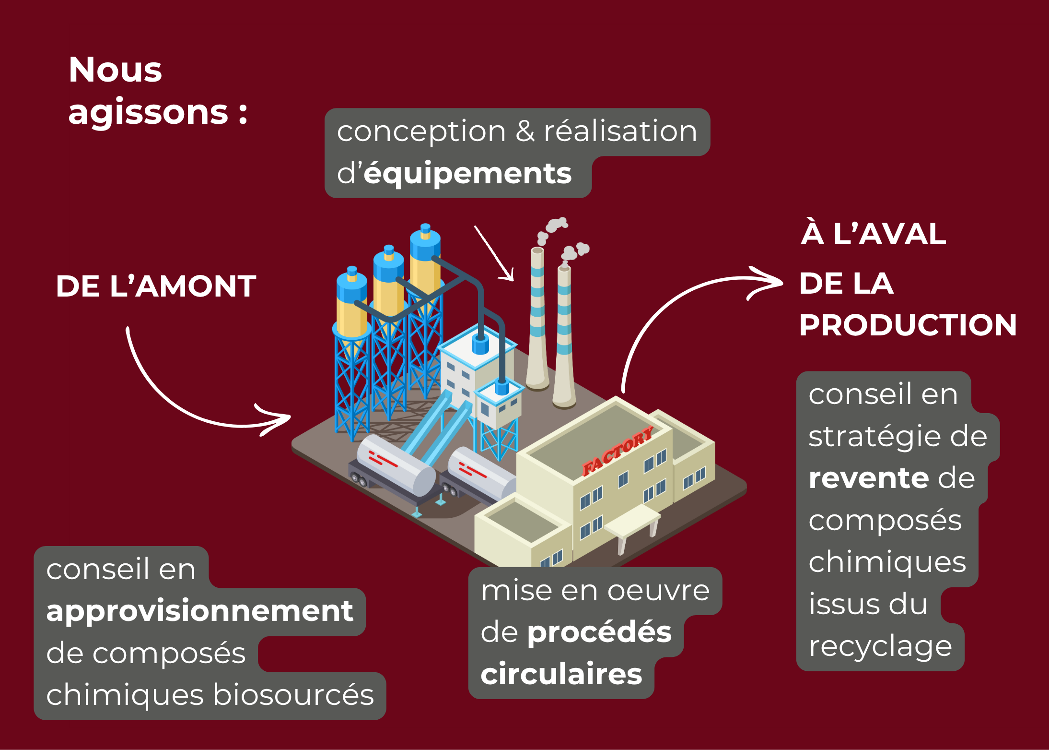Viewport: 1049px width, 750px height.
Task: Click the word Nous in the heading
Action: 115,70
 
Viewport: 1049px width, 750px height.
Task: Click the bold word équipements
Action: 467,174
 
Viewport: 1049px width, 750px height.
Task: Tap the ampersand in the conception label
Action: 525,131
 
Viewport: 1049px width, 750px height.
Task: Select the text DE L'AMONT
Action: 156,286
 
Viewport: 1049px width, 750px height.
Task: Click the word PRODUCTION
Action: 908,325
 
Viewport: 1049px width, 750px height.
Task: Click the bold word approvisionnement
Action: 199,611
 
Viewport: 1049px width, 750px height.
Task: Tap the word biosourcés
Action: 293,695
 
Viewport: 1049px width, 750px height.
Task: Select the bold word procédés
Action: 600,632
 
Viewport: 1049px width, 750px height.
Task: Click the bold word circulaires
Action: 561,674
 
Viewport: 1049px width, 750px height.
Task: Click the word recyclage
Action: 880,647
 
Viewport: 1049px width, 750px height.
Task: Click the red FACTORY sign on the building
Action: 618,451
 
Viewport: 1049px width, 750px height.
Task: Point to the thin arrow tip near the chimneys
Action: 511,278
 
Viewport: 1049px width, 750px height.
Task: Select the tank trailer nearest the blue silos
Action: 396,468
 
